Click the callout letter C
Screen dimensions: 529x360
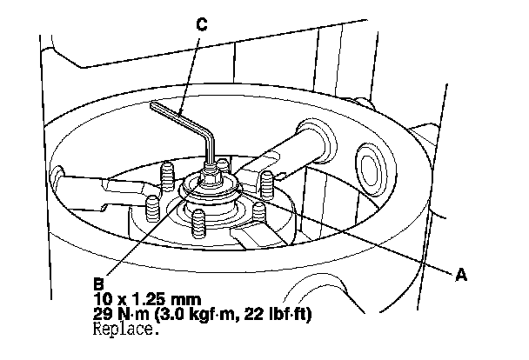click(202, 25)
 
